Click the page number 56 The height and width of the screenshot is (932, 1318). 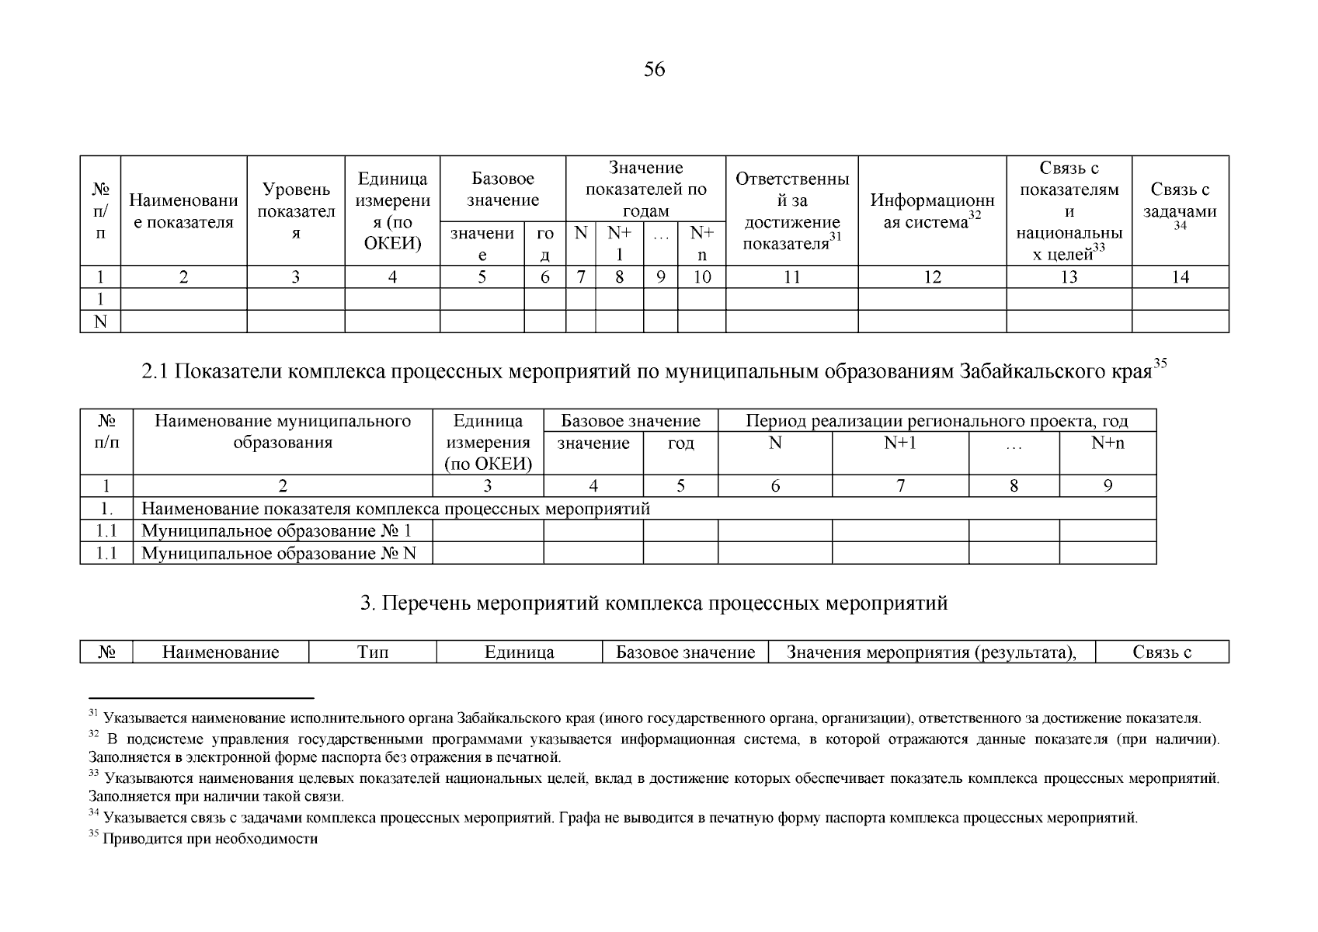coord(654,70)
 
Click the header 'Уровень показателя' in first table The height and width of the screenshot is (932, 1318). coord(295,211)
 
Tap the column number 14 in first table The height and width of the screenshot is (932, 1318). coord(1180,277)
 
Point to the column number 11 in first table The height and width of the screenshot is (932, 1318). coord(791,277)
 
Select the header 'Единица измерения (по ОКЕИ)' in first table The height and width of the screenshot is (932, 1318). coord(392,211)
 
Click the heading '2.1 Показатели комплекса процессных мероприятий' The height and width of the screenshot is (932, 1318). coord(654,371)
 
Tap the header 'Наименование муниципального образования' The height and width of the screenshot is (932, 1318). coord(283,432)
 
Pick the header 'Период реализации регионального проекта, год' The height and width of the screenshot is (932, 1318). coord(937,421)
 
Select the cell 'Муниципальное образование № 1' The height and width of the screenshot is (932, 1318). coord(276,531)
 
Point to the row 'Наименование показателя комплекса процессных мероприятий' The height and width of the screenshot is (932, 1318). coord(395,509)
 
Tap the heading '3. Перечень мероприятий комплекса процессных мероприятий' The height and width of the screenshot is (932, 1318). coord(654,603)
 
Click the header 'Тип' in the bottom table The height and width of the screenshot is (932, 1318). coord(373,652)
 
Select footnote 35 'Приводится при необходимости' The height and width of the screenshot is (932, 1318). coord(210,840)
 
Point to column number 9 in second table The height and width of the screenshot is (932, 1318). coord(1108,486)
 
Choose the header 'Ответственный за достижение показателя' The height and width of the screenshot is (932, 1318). coord(791,211)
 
